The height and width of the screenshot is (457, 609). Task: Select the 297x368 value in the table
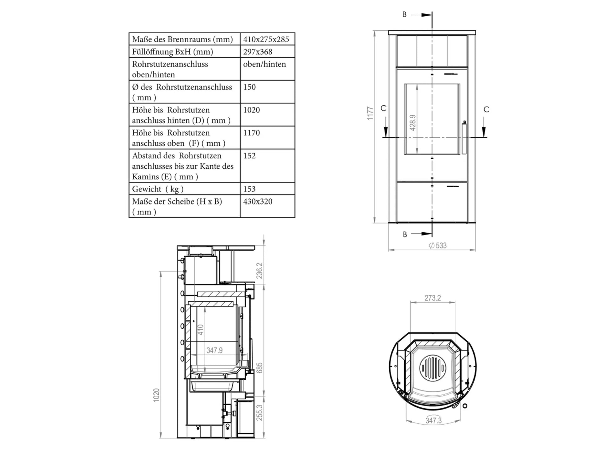(258, 52)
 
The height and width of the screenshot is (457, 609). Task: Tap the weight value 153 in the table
(249, 189)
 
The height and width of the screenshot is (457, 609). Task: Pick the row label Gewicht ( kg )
(158, 189)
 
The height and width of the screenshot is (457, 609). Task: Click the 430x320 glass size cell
(258, 201)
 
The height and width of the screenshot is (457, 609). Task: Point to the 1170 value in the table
(252, 133)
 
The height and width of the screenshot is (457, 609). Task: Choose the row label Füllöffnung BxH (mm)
(172, 52)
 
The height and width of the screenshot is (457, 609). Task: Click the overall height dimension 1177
(370, 113)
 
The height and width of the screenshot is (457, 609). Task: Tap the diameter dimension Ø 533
(438, 245)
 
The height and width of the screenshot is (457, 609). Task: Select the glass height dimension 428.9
(413, 123)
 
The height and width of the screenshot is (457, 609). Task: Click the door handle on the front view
(464, 138)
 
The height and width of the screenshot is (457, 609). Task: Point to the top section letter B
(404, 14)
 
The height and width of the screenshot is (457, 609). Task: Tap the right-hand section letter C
(486, 110)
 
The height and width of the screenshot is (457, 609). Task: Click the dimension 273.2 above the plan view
(433, 298)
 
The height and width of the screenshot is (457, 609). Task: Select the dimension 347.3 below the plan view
(433, 420)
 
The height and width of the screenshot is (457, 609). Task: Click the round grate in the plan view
(432, 368)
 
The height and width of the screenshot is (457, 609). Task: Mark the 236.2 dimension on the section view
(259, 271)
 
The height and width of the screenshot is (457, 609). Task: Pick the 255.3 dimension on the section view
(259, 413)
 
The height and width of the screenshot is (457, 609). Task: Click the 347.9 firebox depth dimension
(214, 350)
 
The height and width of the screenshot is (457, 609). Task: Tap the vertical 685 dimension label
(259, 368)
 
